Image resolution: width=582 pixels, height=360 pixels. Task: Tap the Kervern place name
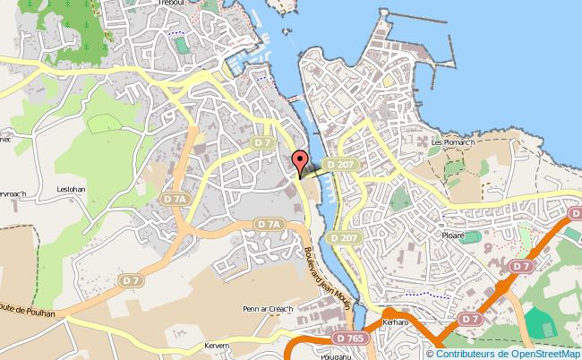pos(217,347)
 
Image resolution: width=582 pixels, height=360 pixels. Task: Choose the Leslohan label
pos(70,190)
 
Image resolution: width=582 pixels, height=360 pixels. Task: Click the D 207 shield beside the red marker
pos(338,165)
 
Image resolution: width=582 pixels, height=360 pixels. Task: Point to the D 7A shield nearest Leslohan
pos(176,197)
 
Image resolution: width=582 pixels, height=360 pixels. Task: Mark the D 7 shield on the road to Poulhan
pos(133,280)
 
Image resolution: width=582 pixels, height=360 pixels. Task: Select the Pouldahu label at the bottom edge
pos(313,356)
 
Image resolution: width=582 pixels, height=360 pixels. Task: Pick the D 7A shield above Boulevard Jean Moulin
pos(268,224)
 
